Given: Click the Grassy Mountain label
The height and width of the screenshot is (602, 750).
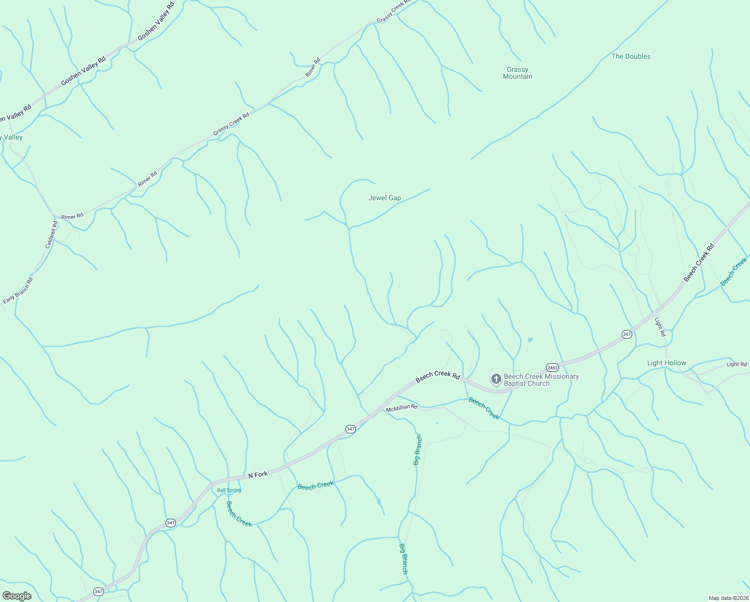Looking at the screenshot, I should [x=517, y=73].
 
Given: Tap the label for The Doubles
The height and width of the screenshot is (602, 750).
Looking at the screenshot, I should [x=631, y=57].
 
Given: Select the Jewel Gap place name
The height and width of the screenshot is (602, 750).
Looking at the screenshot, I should [x=385, y=198].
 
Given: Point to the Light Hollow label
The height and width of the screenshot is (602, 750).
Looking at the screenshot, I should [x=666, y=363].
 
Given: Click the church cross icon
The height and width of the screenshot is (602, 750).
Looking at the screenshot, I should [x=496, y=379].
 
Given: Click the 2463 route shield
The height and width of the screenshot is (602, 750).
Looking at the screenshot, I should [x=552, y=367].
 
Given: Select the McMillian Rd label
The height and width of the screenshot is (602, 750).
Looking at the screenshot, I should [x=402, y=408].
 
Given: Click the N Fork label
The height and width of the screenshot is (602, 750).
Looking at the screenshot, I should [x=258, y=475].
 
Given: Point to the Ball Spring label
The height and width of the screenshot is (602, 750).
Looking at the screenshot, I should [x=229, y=490].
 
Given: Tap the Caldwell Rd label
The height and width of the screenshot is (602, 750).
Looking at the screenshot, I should [x=52, y=235].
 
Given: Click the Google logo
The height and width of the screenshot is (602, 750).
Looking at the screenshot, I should [x=17, y=595].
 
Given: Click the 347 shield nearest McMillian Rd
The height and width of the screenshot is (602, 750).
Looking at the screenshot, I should [x=350, y=429].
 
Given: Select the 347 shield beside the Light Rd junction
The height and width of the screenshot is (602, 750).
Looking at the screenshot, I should [x=627, y=334].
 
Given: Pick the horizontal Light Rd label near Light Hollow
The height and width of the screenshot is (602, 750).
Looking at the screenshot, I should [x=736, y=365].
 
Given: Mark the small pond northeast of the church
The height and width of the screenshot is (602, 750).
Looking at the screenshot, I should [x=530, y=340].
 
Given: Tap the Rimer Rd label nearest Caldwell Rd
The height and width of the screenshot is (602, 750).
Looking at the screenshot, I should [x=72, y=217].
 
